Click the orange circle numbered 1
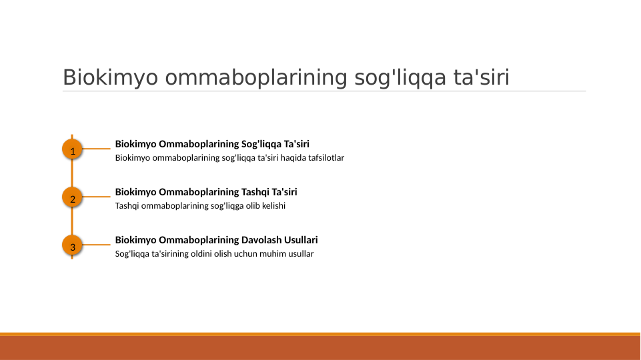[72, 151]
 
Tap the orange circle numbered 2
[72, 199]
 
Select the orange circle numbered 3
[72, 247]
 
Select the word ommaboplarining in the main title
[256, 78]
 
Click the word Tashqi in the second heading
[256, 192]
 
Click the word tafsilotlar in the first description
[323, 158]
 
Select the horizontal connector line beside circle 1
[96, 149]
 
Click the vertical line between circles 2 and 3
[72, 223]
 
